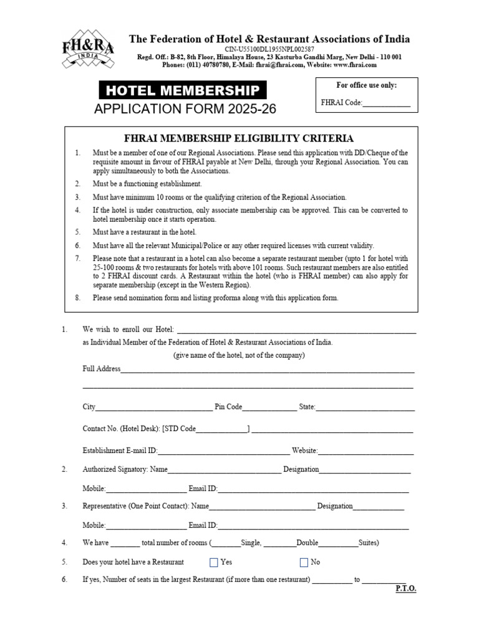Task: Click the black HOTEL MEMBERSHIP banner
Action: tap(183, 90)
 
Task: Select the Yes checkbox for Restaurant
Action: tap(214, 563)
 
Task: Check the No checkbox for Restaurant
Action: tap(304, 563)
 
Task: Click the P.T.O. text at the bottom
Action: tap(405, 589)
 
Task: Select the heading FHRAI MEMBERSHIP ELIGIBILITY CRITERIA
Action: tap(240, 138)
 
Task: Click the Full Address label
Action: tap(102, 369)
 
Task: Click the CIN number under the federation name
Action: tap(269, 49)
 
